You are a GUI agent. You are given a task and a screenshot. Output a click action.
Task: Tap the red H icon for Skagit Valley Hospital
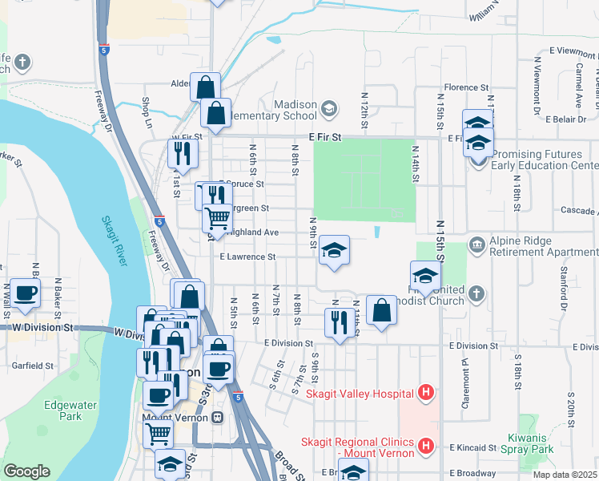(427, 393)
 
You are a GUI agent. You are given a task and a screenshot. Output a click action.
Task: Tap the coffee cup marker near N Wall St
(24, 294)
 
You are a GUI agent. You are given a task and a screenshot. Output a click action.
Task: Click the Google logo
(26, 471)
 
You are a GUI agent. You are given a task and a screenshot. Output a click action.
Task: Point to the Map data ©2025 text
(565, 475)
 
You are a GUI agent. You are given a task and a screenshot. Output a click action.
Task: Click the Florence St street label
(467, 87)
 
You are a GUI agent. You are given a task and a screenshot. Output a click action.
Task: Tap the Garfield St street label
(32, 365)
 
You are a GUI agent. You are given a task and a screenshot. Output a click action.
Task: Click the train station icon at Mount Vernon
(217, 418)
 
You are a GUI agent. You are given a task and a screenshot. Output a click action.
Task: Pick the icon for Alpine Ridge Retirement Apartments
(476, 243)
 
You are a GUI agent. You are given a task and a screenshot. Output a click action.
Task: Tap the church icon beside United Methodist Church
(476, 291)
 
